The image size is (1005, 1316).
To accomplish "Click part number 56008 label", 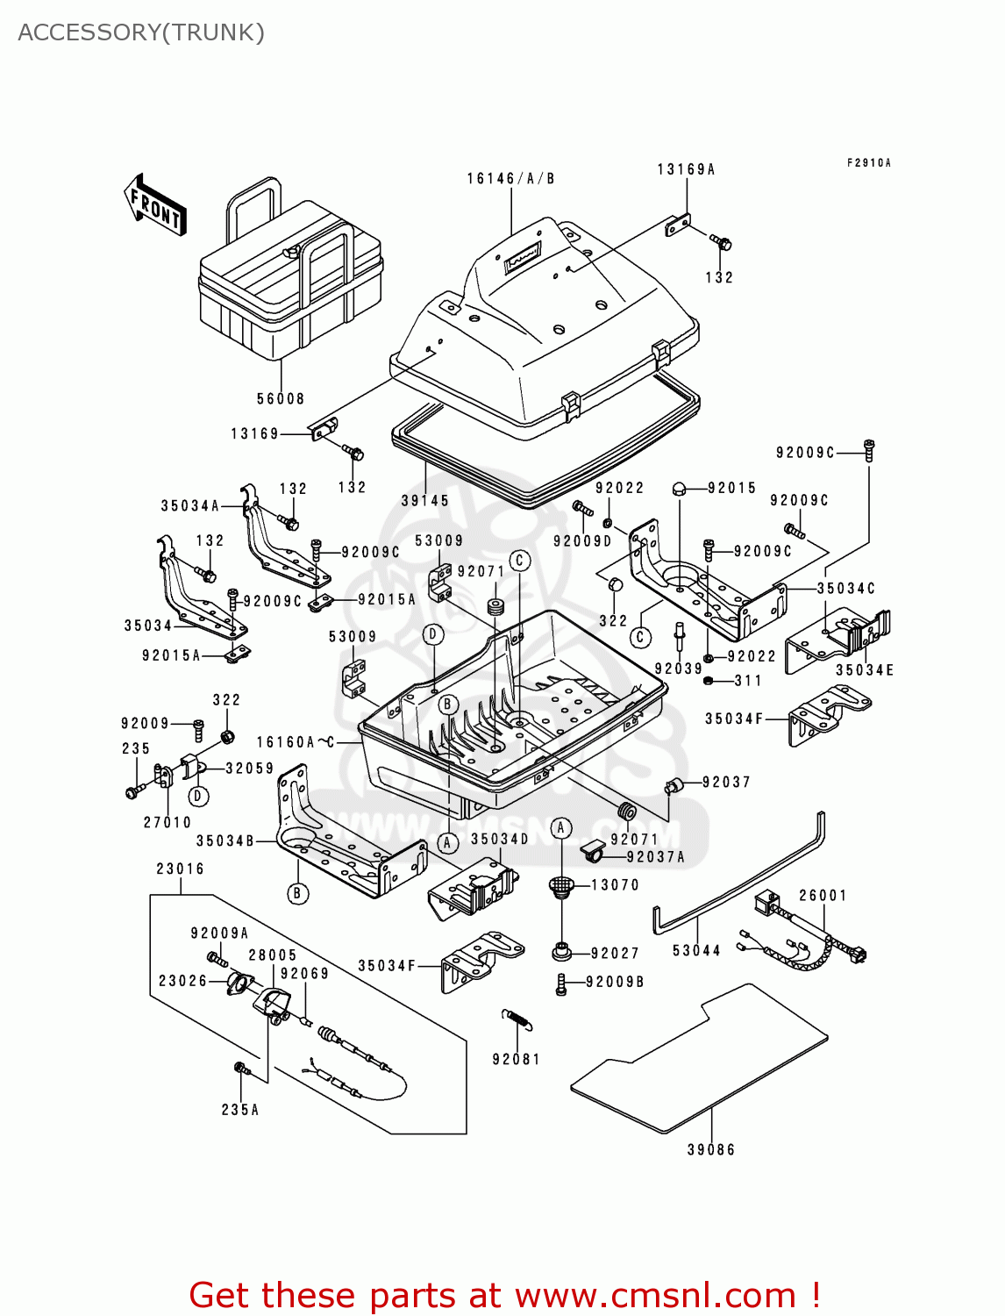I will click(x=281, y=399).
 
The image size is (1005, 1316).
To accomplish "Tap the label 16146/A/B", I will click(x=510, y=179).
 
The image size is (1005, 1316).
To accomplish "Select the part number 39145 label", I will click(x=425, y=501).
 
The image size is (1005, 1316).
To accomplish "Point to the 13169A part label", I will click(x=686, y=169).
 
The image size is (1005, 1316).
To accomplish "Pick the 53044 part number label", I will click(x=696, y=951).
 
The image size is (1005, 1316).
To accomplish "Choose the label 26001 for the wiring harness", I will click(x=823, y=896).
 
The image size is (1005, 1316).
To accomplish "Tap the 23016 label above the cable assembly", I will click(x=181, y=869).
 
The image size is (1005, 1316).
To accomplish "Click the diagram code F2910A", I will click(x=868, y=163).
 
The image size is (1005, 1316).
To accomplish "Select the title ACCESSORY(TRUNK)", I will click(x=141, y=32).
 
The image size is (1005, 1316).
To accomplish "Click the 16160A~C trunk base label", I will click(x=296, y=742).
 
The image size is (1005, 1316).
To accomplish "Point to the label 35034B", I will click(x=225, y=841).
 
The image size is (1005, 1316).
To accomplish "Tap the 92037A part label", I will click(x=656, y=857).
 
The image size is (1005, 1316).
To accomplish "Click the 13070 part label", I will click(x=615, y=885).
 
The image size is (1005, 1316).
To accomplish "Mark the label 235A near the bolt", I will click(x=240, y=1111).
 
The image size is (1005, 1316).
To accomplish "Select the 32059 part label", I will click(x=250, y=769).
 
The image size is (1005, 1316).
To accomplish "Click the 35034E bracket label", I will click(x=864, y=670).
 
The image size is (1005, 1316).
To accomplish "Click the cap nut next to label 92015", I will click(x=679, y=488).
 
